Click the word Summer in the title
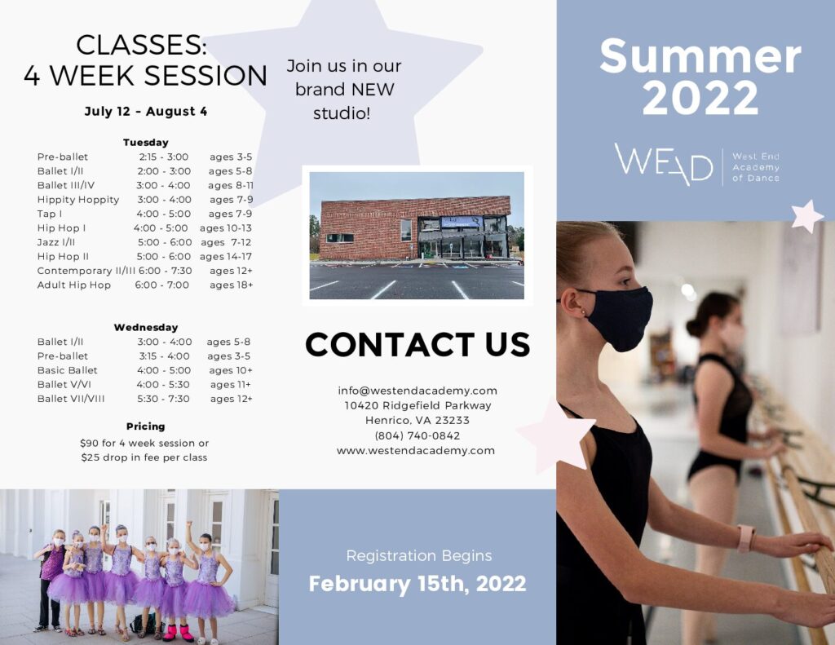[x=700, y=56]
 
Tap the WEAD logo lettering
[x=664, y=164]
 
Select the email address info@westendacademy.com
[x=417, y=391]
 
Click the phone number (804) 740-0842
[x=417, y=435]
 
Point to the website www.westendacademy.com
[x=416, y=451]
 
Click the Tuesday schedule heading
[x=145, y=143]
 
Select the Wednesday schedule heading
[x=146, y=328]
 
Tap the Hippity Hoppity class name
[x=78, y=200]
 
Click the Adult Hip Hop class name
[x=74, y=285]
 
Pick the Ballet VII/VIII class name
[x=71, y=399]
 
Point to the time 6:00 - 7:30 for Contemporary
[x=165, y=271]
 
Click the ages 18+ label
[x=231, y=285]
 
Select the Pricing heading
[x=145, y=426]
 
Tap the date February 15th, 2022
[x=417, y=584]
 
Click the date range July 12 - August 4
[x=146, y=112]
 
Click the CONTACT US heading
[x=417, y=345]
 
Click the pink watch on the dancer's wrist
[x=745, y=538]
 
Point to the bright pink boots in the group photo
[x=179, y=633]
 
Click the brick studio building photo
[x=417, y=235]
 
